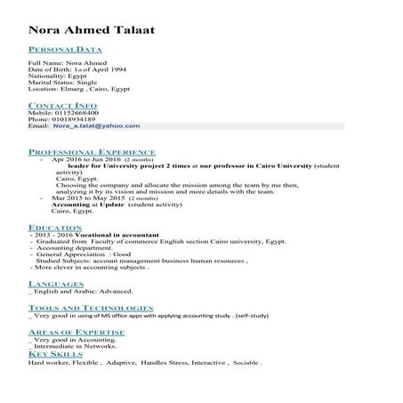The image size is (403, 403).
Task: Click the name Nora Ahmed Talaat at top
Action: [x=90, y=30]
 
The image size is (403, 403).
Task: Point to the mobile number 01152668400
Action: [x=76, y=113]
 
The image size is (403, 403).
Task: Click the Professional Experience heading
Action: [x=92, y=152]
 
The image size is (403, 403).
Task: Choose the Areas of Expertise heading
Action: [x=76, y=331]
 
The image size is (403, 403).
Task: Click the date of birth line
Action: [x=79, y=71]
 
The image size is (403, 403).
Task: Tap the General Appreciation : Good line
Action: [x=81, y=254]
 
